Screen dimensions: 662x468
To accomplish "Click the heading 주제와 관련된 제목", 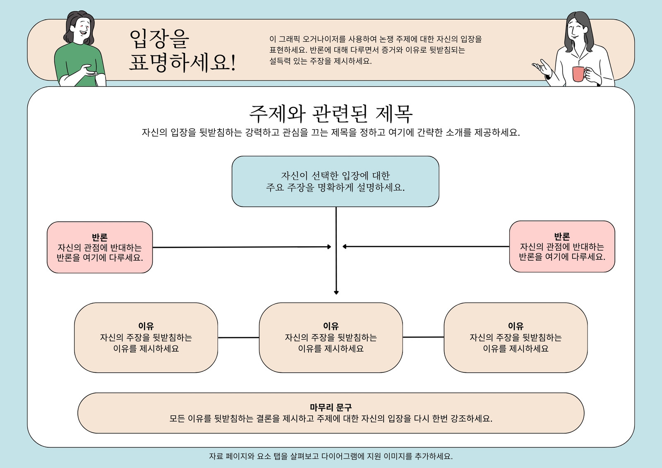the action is point(331,114).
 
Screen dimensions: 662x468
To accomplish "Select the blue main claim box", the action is point(336,181).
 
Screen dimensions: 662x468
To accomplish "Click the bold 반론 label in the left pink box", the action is point(100,237).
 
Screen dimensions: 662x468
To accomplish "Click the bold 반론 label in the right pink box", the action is point(562,236).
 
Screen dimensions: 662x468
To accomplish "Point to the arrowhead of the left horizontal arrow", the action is point(329,247).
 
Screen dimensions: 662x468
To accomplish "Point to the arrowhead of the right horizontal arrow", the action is point(344,246).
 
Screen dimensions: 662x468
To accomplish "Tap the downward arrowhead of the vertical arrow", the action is point(336,293).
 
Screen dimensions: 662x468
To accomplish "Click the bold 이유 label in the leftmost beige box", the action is point(146,326).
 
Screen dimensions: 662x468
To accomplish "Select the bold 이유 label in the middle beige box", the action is point(331,326).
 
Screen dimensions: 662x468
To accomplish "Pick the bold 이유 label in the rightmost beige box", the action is point(516,326).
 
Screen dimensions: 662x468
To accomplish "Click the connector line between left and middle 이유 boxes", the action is point(238,338).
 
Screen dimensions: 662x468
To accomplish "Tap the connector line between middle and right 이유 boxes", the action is point(423,337).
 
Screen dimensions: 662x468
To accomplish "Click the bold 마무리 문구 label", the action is point(331,407).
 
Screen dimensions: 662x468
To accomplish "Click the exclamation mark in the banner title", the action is point(233,62).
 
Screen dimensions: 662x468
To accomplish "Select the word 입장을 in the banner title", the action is point(159,38).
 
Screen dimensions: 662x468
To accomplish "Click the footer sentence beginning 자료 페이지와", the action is point(331,456).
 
